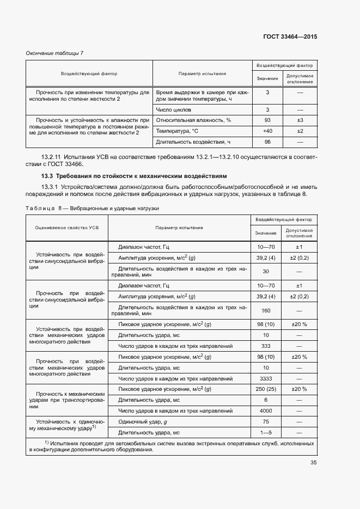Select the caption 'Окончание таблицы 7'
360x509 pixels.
(x=55, y=53)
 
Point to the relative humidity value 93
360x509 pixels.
(x=267, y=120)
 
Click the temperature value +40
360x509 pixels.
(x=267, y=131)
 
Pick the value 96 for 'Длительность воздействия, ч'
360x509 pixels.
(x=267, y=142)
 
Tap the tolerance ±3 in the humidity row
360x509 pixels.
(x=300, y=120)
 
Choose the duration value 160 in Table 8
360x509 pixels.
(x=266, y=311)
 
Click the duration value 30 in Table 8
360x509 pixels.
(x=266, y=272)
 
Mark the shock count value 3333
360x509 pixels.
(x=266, y=378)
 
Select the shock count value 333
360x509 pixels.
(x=266, y=346)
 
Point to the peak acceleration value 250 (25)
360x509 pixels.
(x=266, y=389)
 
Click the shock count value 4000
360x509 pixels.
(x=266, y=410)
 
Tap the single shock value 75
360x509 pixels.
(x=266, y=421)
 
